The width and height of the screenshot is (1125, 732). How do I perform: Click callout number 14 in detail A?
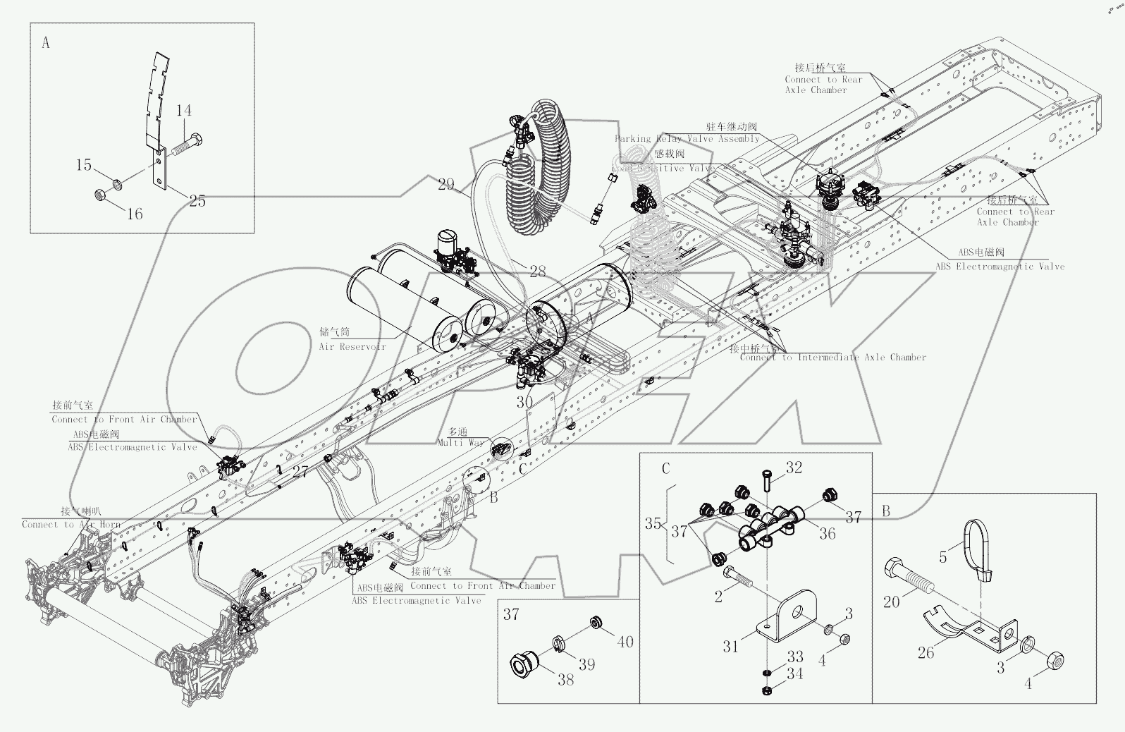point(184,111)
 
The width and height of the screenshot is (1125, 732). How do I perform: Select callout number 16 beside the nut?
point(135,213)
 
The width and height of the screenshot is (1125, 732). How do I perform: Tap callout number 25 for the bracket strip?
point(197,201)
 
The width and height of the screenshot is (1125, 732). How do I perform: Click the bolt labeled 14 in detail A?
point(187,146)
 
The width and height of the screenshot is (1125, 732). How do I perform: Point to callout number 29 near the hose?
point(445,185)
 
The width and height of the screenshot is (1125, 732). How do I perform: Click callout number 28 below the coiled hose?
point(537,272)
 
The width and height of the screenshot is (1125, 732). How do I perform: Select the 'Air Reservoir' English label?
point(352,346)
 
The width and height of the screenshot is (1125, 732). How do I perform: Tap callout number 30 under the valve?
point(524,402)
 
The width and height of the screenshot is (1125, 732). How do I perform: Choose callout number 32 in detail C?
point(794,468)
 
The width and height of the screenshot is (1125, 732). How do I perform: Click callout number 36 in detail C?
point(827,534)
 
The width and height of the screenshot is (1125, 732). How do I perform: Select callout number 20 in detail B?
point(891,602)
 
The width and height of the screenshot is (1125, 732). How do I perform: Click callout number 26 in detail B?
point(926,654)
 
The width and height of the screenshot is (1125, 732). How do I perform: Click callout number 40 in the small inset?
point(625,642)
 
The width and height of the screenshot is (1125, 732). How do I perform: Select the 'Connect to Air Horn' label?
point(70,524)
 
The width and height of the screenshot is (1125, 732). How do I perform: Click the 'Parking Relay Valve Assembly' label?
point(687,139)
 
